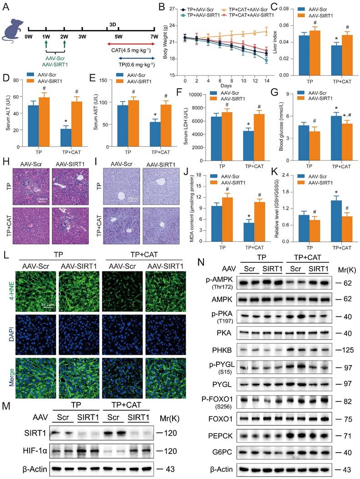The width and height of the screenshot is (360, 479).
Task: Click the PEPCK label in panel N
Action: (220, 436)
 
